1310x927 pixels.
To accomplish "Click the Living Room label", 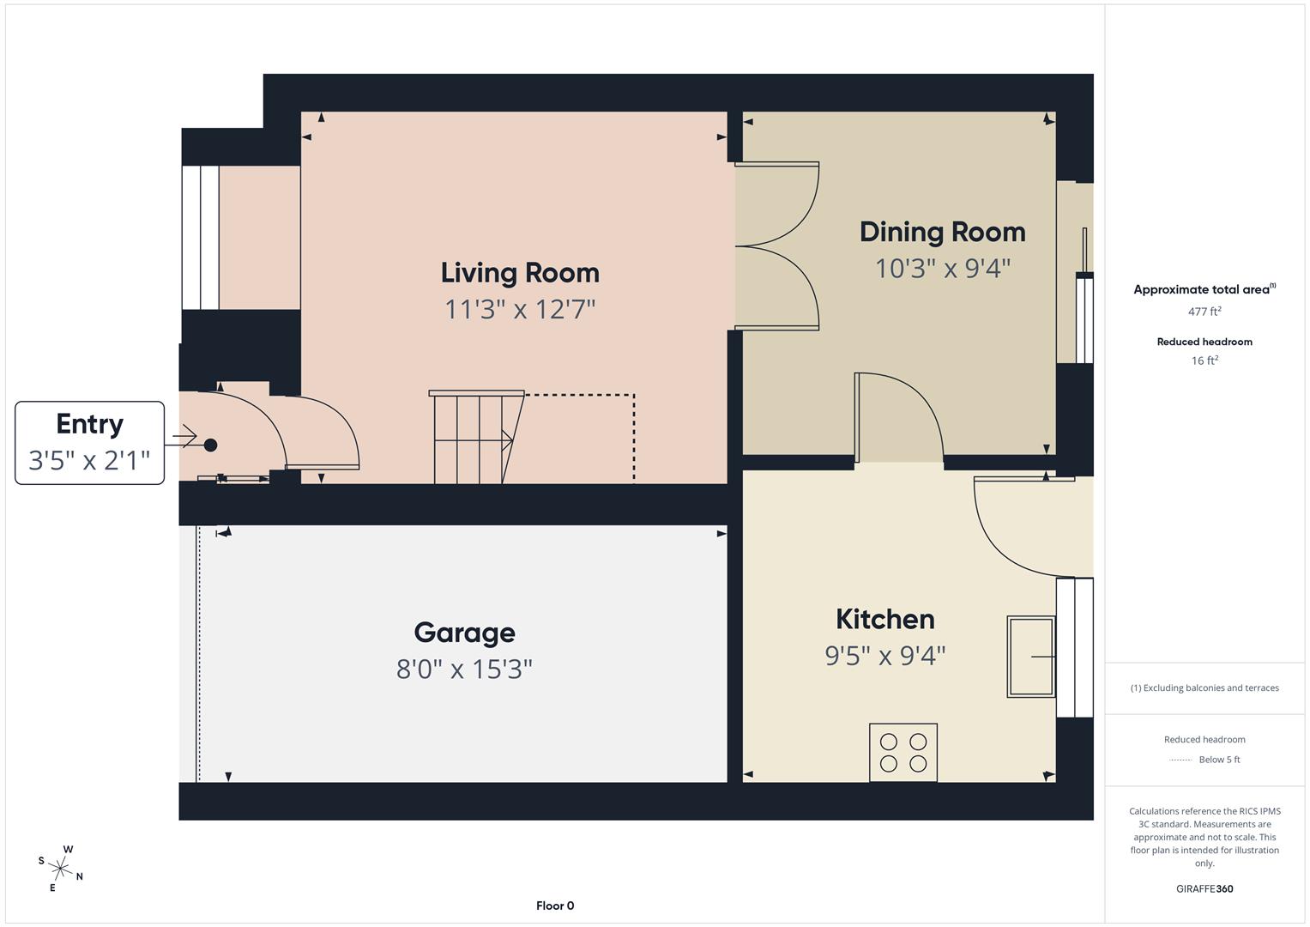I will (520, 273).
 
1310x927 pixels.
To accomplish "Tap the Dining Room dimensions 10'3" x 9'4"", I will (942, 269).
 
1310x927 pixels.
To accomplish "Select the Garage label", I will (464, 633).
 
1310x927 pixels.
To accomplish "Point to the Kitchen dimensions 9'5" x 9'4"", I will (884, 656).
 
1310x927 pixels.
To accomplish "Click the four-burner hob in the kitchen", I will (903, 753).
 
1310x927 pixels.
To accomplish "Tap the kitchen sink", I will (1030, 657).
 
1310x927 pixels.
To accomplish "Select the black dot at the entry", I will (210, 445).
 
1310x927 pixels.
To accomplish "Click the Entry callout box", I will (89, 443).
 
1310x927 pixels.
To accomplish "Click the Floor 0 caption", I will (555, 906).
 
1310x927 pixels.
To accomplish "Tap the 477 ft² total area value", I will (1204, 312).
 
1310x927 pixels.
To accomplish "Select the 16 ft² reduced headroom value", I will (1204, 360).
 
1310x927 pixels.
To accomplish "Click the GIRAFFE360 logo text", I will (1204, 888).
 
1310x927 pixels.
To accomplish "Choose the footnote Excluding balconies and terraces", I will (1204, 688).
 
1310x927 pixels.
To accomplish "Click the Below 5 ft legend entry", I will (1218, 760).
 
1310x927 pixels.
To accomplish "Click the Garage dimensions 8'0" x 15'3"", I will (464, 669).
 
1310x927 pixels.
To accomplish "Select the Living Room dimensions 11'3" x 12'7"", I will (520, 309).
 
